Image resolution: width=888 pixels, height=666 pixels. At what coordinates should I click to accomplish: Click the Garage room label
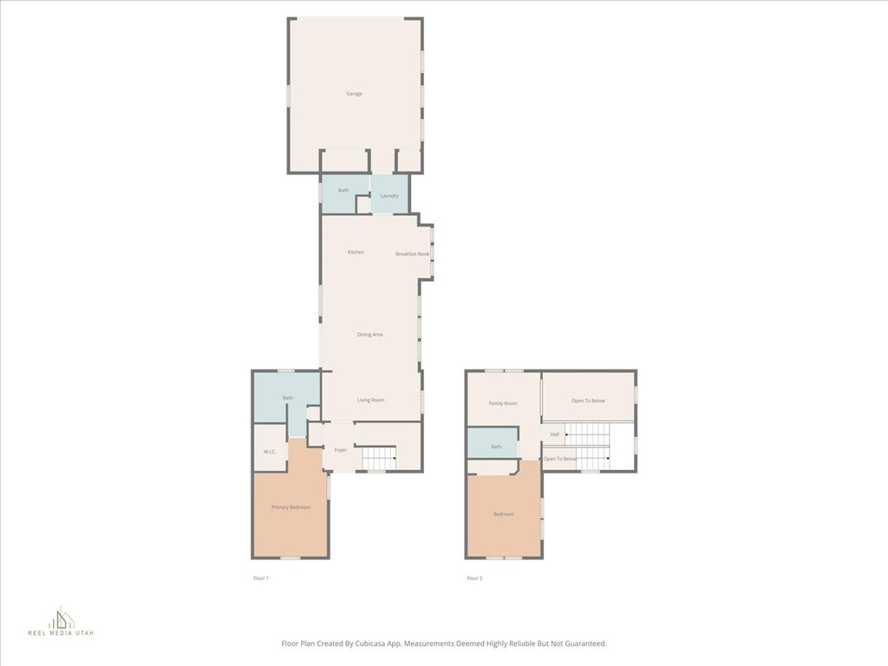click(354, 94)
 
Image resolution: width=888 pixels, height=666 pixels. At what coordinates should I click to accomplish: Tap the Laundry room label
click(389, 196)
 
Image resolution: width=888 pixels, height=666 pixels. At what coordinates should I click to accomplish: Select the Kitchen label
click(356, 252)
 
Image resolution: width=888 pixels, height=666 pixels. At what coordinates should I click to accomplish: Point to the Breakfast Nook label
click(412, 254)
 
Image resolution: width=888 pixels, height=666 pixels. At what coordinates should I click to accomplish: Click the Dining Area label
click(369, 335)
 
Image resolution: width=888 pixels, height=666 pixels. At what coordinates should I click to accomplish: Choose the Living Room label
click(371, 401)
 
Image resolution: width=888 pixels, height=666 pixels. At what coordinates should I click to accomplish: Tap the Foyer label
click(340, 450)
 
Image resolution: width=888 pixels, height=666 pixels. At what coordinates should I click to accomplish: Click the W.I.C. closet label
click(270, 452)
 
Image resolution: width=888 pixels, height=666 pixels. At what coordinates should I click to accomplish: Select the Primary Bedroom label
click(291, 507)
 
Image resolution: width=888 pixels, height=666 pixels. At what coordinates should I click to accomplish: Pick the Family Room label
click(503, 404)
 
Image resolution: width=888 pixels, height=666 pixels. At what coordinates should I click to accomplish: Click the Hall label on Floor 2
click(554, 435)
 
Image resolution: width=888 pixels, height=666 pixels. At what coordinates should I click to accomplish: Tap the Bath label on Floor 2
click(496, 447)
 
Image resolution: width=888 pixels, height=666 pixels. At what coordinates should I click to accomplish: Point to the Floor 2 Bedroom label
click(504, 514)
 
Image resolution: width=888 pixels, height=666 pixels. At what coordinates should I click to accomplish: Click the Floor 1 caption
click(260, 578)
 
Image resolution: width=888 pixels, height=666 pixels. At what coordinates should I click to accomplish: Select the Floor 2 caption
click(474, 578)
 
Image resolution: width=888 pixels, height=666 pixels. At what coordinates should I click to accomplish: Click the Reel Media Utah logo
click(62, 622)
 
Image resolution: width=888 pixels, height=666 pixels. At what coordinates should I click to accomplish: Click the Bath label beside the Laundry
click(343, 190)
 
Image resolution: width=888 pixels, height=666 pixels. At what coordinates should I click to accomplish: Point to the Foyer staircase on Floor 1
click(379, 458)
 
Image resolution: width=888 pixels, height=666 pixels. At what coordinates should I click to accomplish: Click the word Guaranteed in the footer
click(585, 644)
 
